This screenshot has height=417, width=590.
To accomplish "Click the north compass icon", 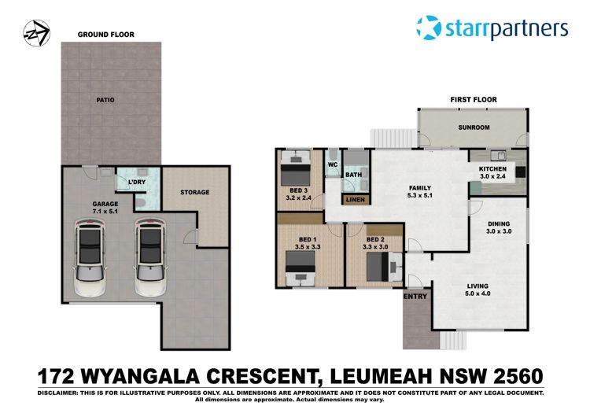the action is coord(36,33).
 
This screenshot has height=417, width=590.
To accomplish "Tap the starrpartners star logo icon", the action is coord(429,28).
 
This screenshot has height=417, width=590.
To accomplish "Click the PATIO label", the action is coord(105,100).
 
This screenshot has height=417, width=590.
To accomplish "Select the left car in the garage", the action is coord(90,257).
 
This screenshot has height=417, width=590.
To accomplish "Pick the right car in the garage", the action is coord(150,257).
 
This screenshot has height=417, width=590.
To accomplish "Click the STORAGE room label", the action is coord(194,192).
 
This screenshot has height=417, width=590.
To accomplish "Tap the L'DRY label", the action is coord(137,183).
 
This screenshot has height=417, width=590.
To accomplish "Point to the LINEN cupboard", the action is coord(356,200).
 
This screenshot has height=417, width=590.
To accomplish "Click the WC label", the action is coord(333,164).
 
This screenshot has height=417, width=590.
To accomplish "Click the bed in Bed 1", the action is coord(300,268).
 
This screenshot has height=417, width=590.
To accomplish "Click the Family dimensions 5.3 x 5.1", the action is coord(420,196).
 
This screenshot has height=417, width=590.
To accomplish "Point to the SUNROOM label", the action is coord(474,127).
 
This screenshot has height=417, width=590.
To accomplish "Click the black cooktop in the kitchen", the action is coord(521,172).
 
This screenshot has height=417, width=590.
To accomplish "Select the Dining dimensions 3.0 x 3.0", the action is coord(499,231).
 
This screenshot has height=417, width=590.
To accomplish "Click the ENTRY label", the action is coord(415,297).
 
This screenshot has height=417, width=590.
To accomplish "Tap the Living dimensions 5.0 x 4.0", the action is coord(478,293).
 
